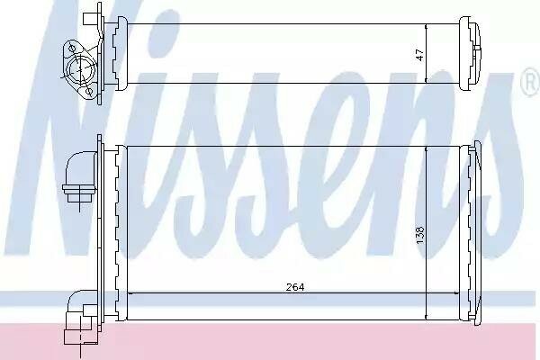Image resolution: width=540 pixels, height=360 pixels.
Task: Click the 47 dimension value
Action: click(x=419, y=55)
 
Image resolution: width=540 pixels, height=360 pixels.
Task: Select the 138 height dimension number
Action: click(x=420, y=235)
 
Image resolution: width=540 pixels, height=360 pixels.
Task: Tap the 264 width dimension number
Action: click(x=295, y=286)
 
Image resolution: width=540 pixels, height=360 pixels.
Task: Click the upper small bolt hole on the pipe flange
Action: click(x=72, y=47)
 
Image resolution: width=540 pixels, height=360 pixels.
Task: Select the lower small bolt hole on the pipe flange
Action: click(x=89, y=91)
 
